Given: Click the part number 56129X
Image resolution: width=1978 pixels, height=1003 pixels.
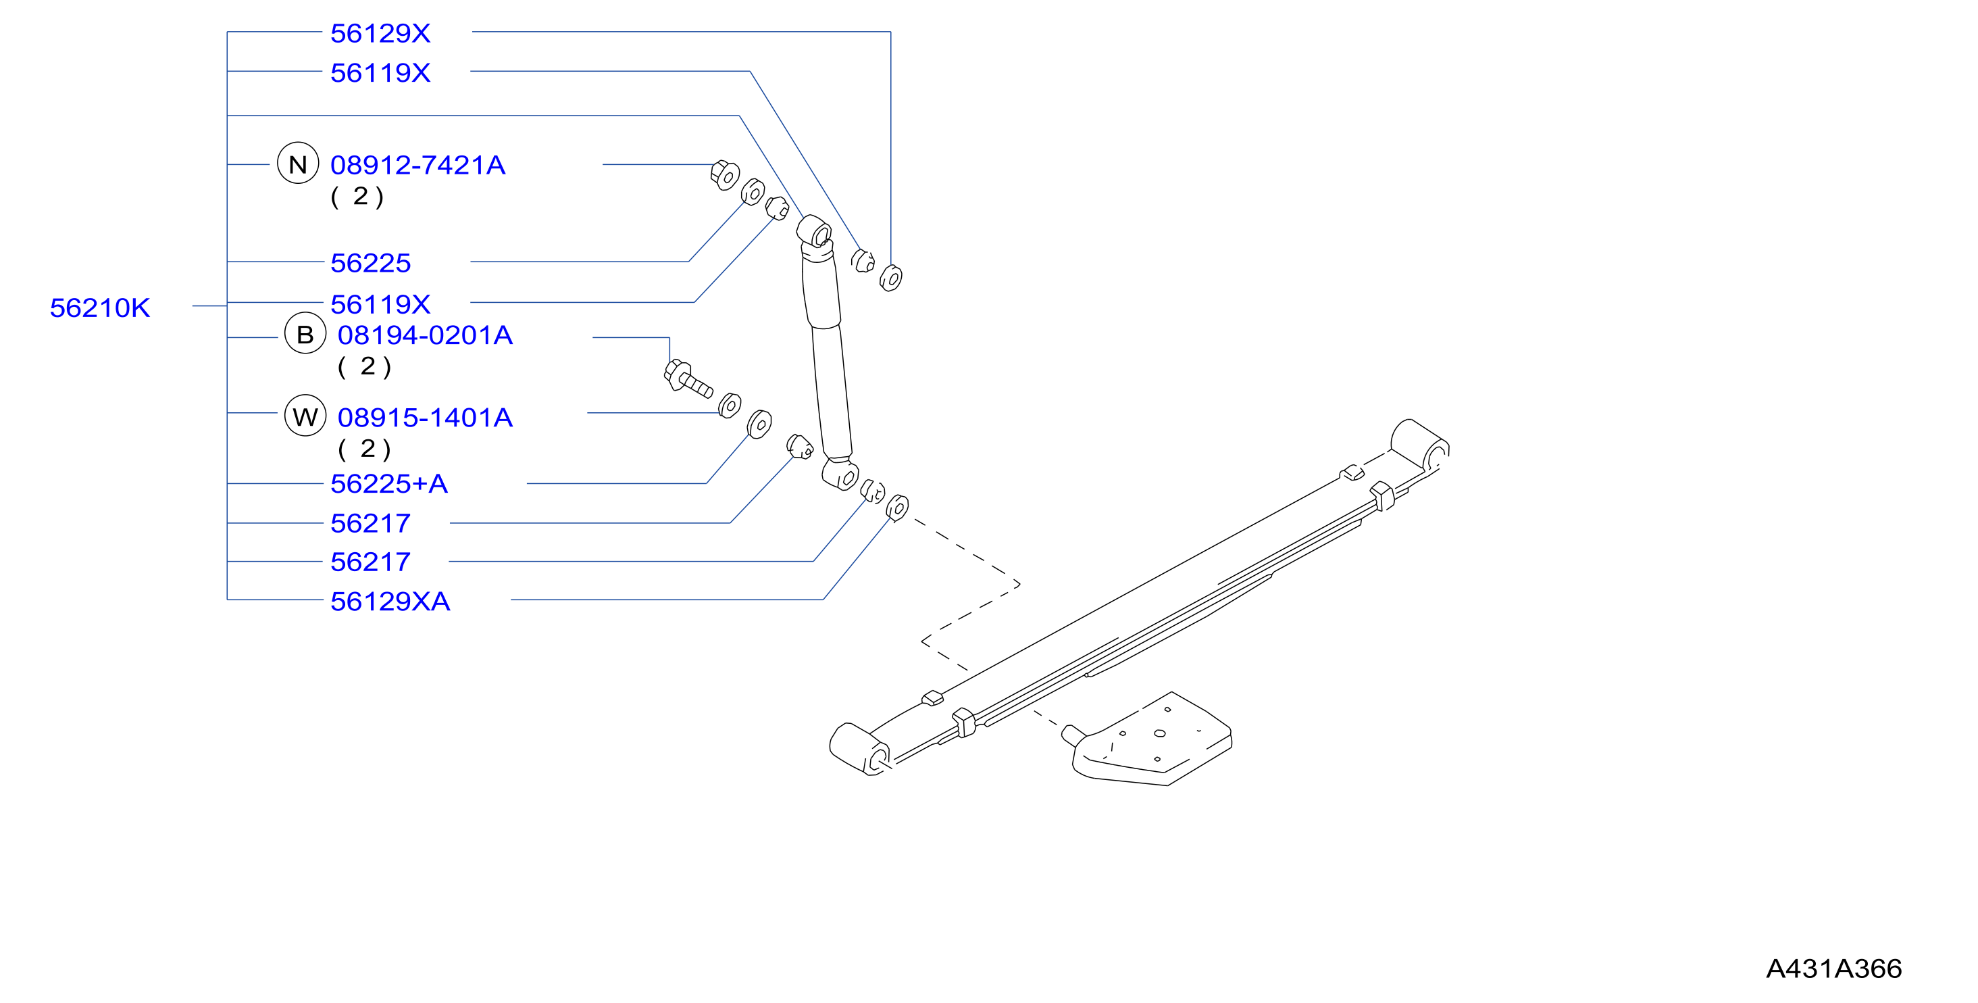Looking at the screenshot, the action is click(x=380, y=33).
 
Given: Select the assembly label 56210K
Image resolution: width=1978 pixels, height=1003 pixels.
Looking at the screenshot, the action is click(x=100, y=308).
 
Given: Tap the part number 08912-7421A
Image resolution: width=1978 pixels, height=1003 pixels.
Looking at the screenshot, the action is click(x=417, y=164).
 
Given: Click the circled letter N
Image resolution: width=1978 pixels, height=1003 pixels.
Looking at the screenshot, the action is click(x=298, y=164).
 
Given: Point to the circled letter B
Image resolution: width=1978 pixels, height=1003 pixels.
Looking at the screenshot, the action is click(x=305, y=333).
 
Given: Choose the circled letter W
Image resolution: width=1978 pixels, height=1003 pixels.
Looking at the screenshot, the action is click(x=305, y=416).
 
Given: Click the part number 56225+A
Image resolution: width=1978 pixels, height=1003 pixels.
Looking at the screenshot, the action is click(x=388, y=483).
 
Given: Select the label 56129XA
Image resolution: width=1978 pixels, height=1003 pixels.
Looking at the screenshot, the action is click(x=390, y=601).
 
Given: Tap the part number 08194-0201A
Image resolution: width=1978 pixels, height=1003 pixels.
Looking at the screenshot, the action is click(x=425, y=335).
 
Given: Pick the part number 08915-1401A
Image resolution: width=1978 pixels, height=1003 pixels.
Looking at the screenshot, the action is click(x=425, y=417).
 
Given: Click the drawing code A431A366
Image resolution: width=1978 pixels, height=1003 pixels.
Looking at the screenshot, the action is click(x=1833, y=969).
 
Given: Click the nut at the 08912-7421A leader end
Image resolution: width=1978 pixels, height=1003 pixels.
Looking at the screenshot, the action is click(x=724, y=175).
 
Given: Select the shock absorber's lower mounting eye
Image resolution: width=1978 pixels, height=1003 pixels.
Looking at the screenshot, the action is click(x=839, y=474).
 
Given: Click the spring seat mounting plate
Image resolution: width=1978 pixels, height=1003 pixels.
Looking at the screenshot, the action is click(x=1152, y=739).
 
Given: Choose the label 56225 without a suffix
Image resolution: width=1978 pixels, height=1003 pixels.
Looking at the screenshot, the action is click(x=371, y=263).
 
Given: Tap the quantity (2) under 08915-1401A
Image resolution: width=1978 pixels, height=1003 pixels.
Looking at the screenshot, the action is click(x=365, y=449).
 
